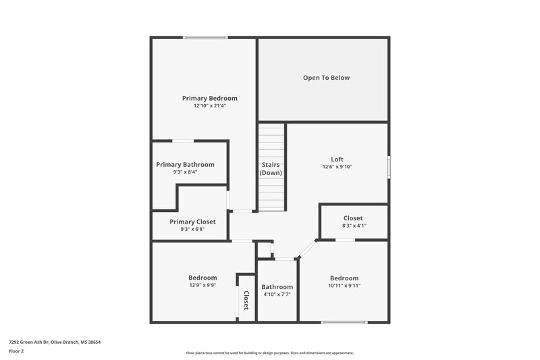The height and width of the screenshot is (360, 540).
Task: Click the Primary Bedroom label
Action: pos(209,98)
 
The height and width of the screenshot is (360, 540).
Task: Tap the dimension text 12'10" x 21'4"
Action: pos(209,106)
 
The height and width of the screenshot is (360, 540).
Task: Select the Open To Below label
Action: pos(326,78)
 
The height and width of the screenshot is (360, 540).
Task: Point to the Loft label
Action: pos(337,159)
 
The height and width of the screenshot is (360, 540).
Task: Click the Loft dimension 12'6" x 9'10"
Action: pos(337,167)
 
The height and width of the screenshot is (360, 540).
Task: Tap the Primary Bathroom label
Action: pos(185,164)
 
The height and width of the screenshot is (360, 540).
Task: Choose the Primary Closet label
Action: pos(192,222)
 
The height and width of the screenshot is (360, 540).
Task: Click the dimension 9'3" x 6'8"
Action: pos(192,229)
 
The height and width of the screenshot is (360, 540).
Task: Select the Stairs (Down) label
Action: pos(271,169)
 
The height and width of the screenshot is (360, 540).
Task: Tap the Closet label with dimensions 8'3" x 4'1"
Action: pos(353,218)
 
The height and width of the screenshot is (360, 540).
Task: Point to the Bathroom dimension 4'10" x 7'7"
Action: pos(277,294)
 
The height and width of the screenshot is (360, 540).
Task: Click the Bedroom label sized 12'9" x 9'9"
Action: pos(202,278)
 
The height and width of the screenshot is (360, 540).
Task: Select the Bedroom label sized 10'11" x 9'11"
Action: pos(344,278)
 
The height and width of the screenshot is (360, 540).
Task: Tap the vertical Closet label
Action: pos(246,299)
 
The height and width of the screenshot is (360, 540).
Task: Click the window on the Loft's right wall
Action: pos(388,168)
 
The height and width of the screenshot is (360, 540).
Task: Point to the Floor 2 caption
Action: pos(16,351)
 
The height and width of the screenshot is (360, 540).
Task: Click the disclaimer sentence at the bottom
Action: pos(270,353)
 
